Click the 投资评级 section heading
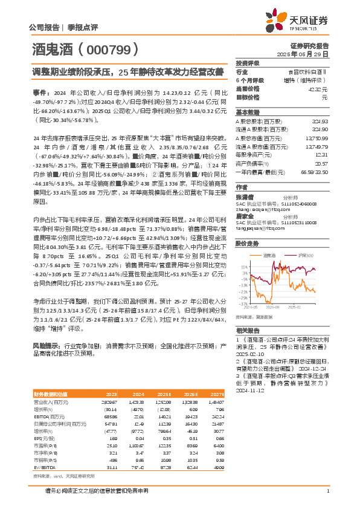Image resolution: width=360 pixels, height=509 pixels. tap(248, 62)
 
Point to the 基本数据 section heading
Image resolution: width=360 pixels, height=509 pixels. tap(248, 112)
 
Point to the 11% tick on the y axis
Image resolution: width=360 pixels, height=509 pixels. tap(243, 266)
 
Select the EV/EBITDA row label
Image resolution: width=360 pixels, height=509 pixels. tap(44, 467)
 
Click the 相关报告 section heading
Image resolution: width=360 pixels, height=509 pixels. tap(248, 331)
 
